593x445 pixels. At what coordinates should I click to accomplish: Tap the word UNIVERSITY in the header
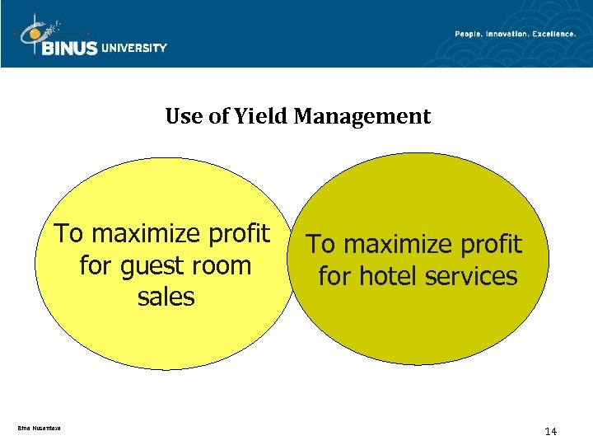click(x=134, y=48)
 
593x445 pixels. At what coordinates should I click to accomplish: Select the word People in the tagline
click(x=472, y=34)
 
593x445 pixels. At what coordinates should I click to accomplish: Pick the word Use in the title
click(x=180, y=117)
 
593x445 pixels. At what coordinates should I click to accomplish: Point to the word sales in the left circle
click(x=166, y=297)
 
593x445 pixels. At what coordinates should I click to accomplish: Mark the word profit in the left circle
click(x=239, y=235)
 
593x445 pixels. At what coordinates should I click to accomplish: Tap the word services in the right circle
click(x=470, y=276)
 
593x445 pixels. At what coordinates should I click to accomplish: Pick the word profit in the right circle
click(x=491, y=245)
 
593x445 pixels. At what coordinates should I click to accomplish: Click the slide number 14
click(x=551, y=431)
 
